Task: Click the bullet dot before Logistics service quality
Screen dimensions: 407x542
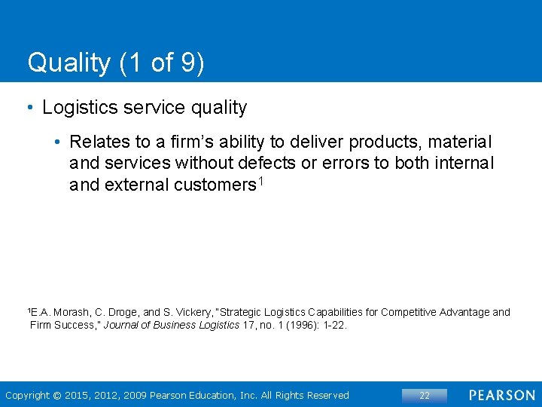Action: point(30,108)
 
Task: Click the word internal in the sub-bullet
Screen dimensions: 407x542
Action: point(461,164)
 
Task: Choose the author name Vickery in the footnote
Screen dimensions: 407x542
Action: point(188,312)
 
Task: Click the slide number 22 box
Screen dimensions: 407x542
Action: point(424,396)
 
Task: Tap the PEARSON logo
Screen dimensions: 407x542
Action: point(501,396)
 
